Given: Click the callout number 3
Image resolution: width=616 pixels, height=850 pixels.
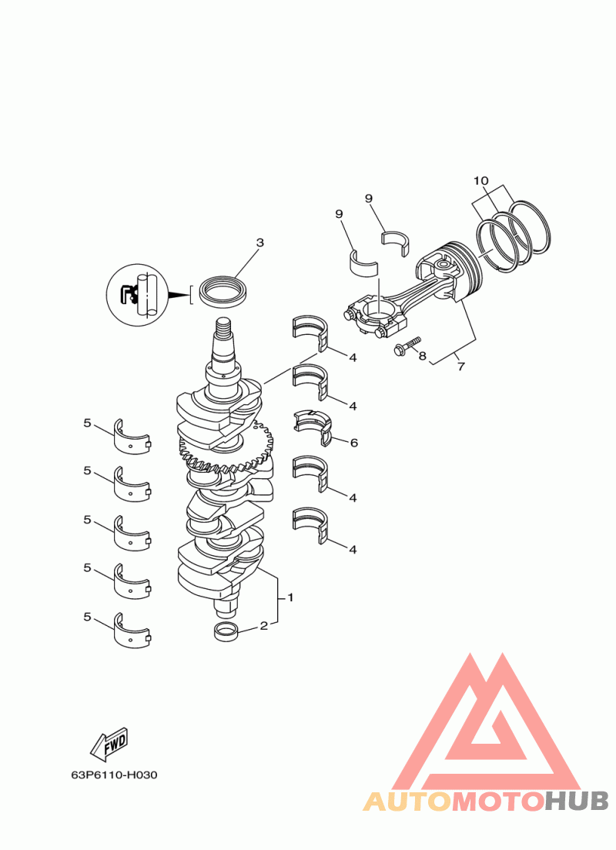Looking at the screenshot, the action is tap(259, 243).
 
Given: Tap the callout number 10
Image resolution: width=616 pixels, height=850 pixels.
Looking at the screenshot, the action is tap(481, 180).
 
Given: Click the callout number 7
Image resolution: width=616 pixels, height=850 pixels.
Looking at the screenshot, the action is tap(461, 367).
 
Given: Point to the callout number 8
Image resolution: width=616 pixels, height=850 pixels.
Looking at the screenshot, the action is tap(422, 356).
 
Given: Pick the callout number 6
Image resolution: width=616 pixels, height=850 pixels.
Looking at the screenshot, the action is tap(354, 443).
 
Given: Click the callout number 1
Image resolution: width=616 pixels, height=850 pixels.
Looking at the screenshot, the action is tap(290, 597).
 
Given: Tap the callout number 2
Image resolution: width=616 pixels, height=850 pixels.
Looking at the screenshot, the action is tap(263, 626).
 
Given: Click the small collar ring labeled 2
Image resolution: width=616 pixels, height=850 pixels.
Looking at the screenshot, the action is tap(226, 632).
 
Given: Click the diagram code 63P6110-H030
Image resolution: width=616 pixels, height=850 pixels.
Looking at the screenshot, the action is tap(115, 775).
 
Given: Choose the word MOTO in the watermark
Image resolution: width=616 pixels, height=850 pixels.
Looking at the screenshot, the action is tap(497, 801).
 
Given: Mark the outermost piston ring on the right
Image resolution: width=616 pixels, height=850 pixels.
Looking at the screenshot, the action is tap(530, 227).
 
